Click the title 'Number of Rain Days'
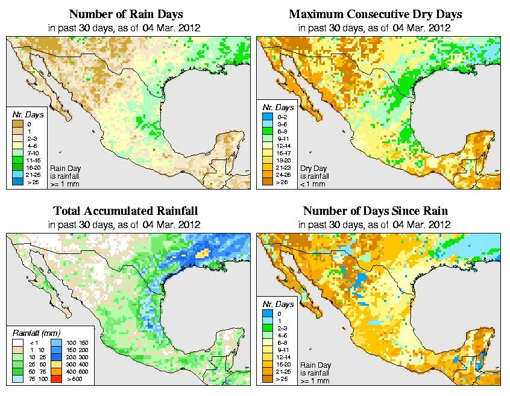125,14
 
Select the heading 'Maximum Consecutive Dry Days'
375,14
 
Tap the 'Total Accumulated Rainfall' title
125,211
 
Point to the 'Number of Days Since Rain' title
375,211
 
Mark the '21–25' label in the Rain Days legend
33,174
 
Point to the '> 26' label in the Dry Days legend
282,182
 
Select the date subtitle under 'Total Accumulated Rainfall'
125,225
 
